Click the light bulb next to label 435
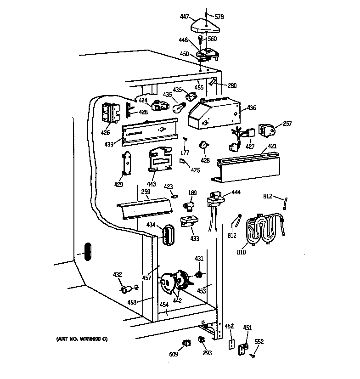click(180, 107)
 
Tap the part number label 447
click(184, 17)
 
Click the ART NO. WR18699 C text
click(81, 339)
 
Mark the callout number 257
click(287, 124)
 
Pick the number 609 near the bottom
click(174, 354)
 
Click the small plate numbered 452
click(233, 345)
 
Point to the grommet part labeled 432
click(125, 289)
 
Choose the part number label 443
click(152, 184)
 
